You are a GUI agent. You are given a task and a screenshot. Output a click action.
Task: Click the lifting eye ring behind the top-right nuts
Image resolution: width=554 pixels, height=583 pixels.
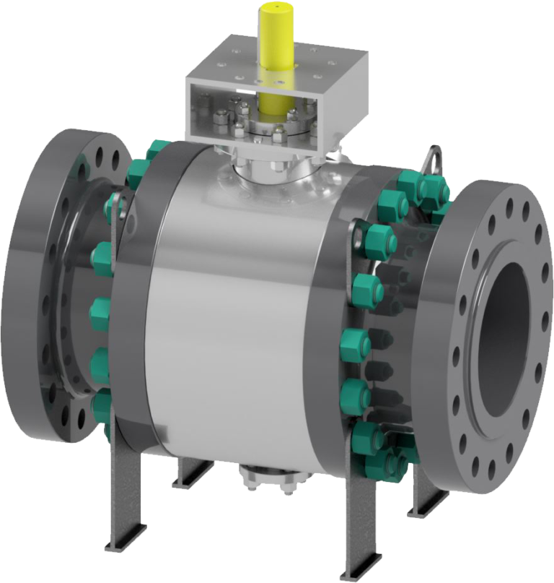pos(433,156)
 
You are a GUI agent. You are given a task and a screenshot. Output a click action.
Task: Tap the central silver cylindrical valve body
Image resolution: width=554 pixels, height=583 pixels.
pos(231,303)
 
